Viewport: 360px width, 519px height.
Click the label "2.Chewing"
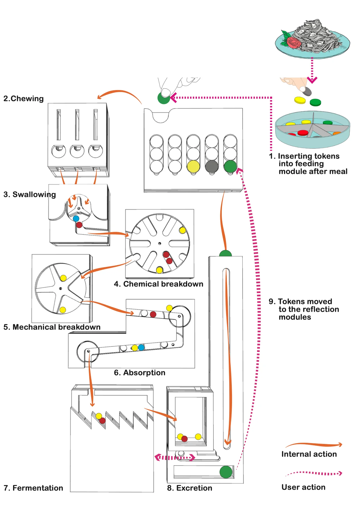coord(23,99)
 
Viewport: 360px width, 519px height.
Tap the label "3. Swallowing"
coord(29,195)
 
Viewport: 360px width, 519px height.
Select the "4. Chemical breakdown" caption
coord(159,284)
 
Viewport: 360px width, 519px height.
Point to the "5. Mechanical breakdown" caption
coord(52,327)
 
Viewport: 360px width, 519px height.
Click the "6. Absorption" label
coord(140,373)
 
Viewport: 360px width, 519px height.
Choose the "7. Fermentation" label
coord(33,488)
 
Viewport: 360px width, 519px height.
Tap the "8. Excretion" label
coord(189,488)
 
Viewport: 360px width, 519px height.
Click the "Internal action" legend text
coord(309,454)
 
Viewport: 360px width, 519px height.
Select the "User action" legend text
coord(304,487)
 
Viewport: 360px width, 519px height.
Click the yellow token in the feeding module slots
coord(193,167)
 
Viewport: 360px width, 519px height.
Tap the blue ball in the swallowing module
coord(76,218)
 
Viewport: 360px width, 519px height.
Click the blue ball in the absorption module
coord(141,347)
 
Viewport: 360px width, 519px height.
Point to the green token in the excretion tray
coord(226,472)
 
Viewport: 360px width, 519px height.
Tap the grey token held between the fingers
coord(307,91)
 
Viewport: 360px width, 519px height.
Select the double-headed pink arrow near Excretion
coord(175,457)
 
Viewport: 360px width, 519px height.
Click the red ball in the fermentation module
coord(102,421)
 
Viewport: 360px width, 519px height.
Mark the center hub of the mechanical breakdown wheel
coord(61,289)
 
